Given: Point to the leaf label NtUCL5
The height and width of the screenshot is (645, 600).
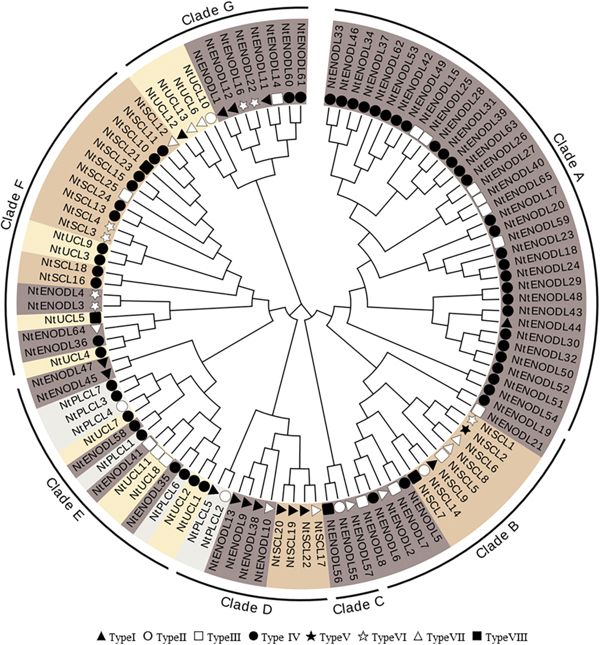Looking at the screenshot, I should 64,319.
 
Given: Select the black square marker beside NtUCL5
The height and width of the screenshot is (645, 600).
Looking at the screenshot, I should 96,318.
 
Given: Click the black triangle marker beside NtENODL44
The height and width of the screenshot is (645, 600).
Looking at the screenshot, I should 508,322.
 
